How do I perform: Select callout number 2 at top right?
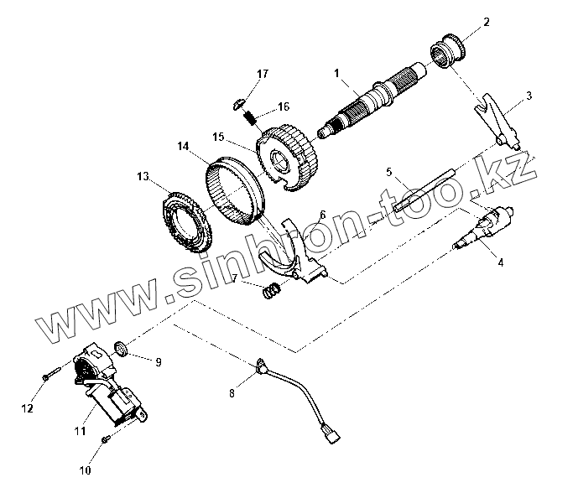click(x=486, y=21)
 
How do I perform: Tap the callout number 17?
click(x=262, y=75)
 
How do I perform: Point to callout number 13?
click(x=142, y=176)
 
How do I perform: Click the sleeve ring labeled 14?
click(x=237, y=189)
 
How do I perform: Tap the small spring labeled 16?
click(x=249, y=115)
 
